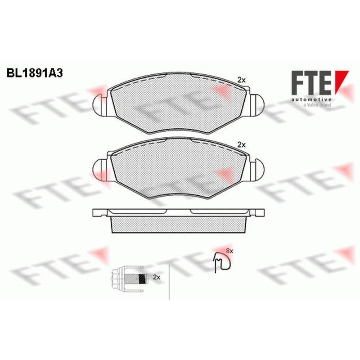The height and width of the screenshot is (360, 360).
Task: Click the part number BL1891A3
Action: coord(35,73)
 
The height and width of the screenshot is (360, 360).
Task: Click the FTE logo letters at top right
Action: coord(311,83)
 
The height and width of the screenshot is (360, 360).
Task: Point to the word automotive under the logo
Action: coord(311,99)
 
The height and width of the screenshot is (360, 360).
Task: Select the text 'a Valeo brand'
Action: coord(317,105)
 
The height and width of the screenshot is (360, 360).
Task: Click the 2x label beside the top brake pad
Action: coord(241,80)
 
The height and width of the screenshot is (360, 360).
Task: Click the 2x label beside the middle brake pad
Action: coord(241,145)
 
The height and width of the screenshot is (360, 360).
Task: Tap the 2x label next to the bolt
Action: coord(156,277)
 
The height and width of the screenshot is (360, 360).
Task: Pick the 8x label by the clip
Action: coord(229,251)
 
